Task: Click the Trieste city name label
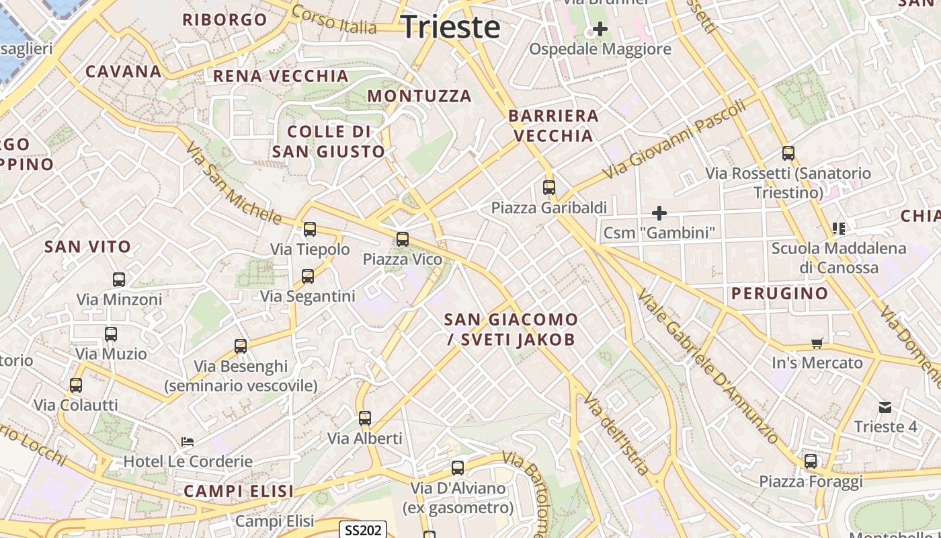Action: [x=451, y=27]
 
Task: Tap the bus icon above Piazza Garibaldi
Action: [x=549, y=188]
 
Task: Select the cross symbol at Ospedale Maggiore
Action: [x=600, y=29]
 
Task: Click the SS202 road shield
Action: [x=363, y=530]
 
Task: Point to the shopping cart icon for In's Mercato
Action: [x=817, y=344]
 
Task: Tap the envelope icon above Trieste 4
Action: [x=885, y=407]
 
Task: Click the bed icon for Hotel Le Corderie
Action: [x=188, y=442]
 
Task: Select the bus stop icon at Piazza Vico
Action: [x=403, y=239]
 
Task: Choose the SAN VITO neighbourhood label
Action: [x=87, y=247]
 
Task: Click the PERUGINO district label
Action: [x=780, y=293]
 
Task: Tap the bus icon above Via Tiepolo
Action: [x=310, y=229]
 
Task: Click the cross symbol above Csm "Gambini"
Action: [x=659, y=213]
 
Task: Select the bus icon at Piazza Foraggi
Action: [x=811, y=461]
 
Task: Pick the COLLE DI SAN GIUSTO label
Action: [x=329, y=141]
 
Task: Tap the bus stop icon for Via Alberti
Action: [x=365, y=418]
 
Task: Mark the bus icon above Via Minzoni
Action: [x=119, y=279]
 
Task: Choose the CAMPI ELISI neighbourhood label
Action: [x=239, y=492]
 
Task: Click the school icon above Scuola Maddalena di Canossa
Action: [x=838, y=228]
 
